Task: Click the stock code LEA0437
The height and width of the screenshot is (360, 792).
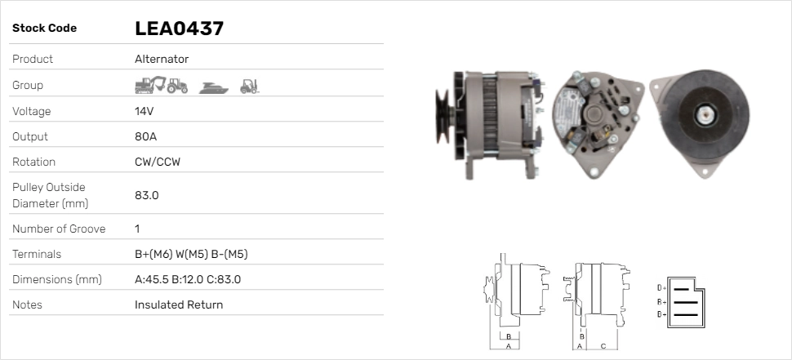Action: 179,29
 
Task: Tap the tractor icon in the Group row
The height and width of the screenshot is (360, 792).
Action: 177,85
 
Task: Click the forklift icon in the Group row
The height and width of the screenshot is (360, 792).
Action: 249,85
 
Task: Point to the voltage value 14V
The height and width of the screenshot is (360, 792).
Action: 145,111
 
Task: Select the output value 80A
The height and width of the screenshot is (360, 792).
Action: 145,136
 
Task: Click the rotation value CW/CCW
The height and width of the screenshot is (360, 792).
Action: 157,162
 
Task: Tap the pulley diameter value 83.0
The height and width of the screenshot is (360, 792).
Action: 146,195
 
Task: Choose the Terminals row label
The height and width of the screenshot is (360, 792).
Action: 37,254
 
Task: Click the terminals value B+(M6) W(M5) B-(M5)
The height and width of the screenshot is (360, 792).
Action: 190,254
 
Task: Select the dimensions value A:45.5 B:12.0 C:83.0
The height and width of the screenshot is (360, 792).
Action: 187,279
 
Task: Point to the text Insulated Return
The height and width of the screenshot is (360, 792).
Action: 178,304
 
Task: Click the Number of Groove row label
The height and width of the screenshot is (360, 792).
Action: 59,229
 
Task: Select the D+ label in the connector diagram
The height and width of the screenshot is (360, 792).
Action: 661,287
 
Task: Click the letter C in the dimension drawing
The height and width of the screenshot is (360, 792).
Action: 603,345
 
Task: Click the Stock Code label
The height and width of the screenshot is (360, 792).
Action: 44,29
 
